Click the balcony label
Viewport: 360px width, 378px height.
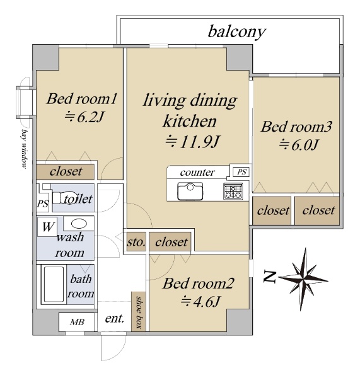coord(236,32)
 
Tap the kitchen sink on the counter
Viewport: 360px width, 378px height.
coord(190,191)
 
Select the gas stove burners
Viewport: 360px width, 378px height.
coord(233,191)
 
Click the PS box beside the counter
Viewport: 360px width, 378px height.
coord(241,172)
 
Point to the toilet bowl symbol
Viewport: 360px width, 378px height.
coord(66,198)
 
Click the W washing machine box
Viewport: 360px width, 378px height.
coord(47,227)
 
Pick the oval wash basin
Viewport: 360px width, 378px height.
coord(79,224)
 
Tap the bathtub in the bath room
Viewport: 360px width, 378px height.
coord(54,284)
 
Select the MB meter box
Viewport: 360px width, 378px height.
coord(77,322)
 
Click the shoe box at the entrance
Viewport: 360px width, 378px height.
coord(139,311)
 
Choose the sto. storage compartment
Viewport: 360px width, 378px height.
coord(136,241)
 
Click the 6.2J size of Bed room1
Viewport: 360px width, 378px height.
coord(84,117)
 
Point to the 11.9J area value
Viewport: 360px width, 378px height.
coord(192,142)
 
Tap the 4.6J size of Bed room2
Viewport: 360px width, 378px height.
coord(200,301)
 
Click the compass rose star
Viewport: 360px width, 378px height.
coord(303,279)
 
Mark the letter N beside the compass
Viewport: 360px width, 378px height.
coord(269,277)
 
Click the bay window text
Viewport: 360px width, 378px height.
coord(24,149)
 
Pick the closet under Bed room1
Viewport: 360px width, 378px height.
coord(66,171)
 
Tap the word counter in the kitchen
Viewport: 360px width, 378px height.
coord(197,173)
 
